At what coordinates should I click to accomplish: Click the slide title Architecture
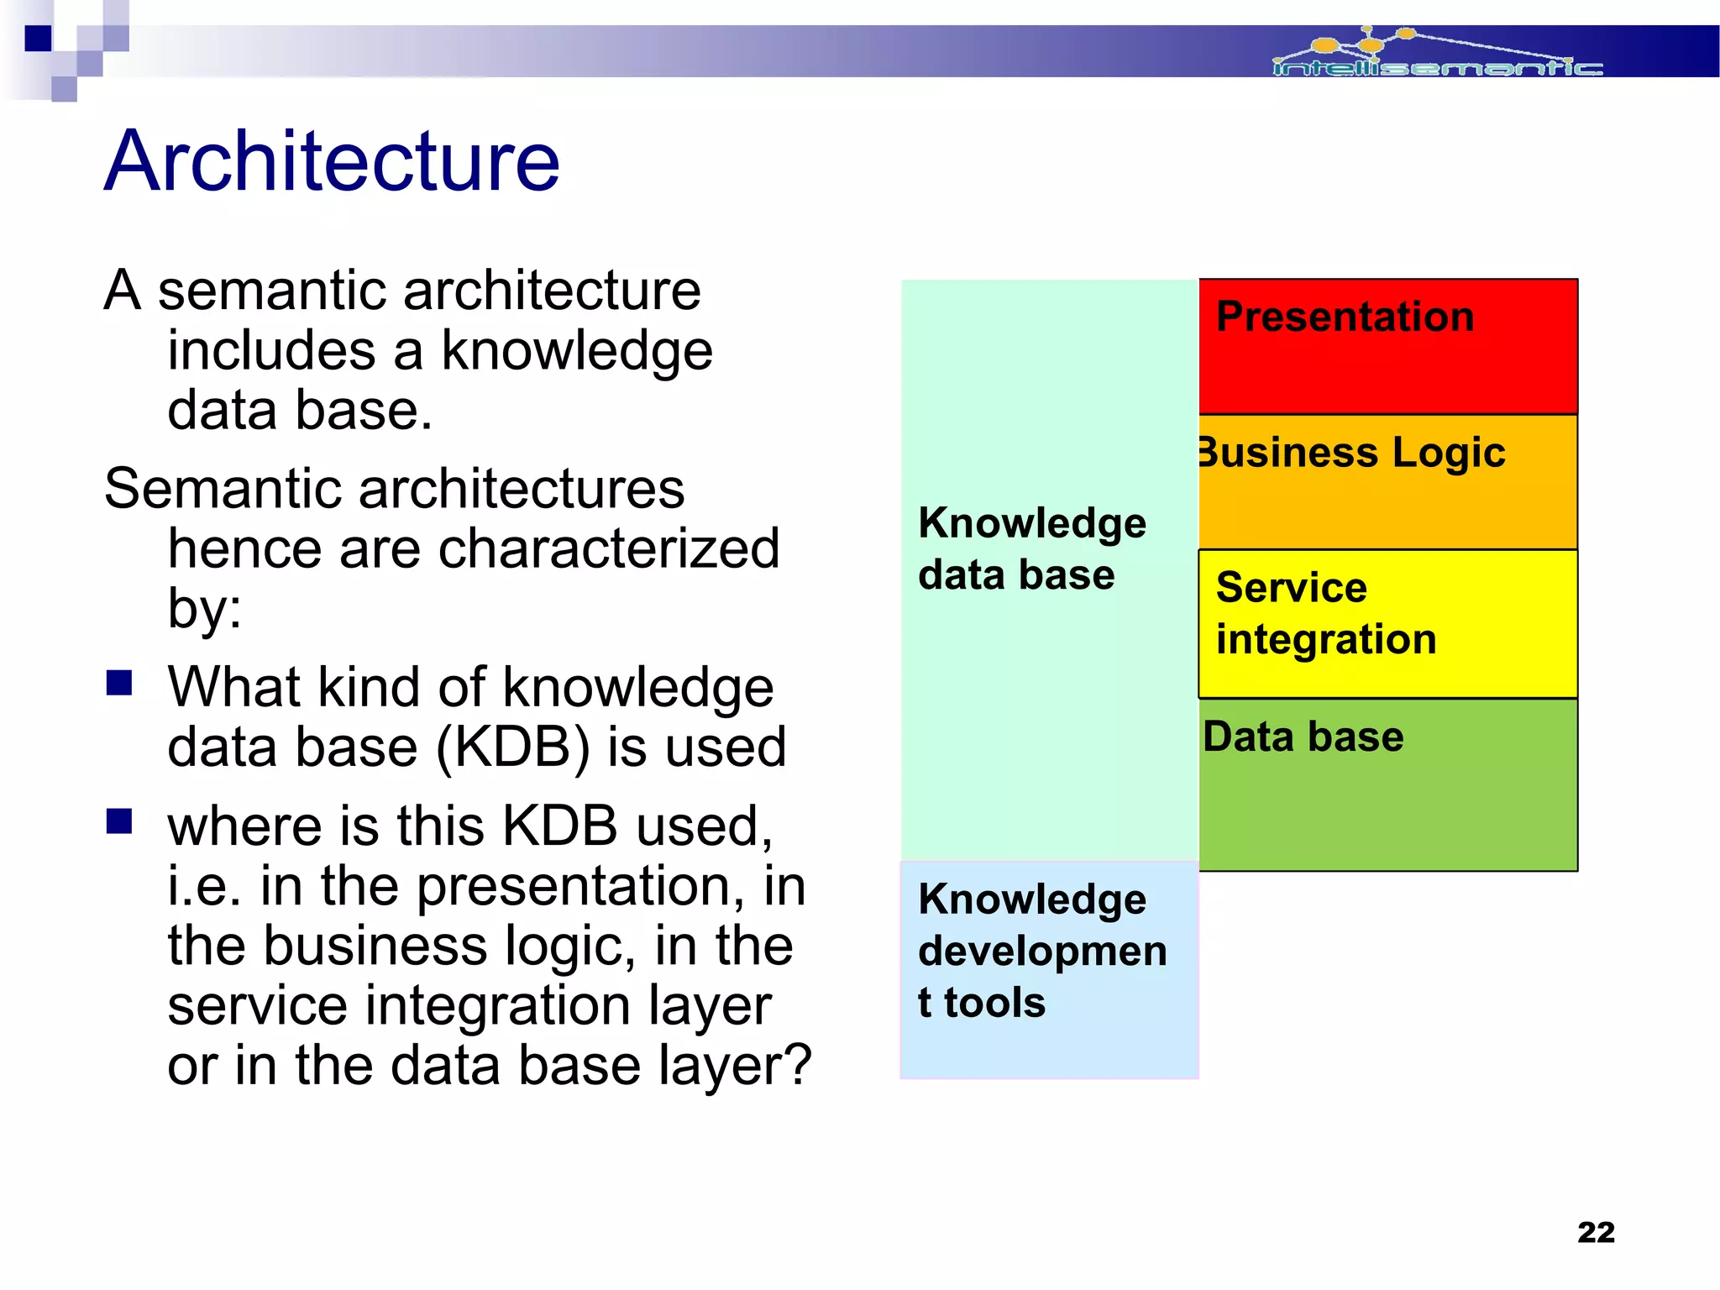(332, 161)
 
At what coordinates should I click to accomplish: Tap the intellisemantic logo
(1436, 55)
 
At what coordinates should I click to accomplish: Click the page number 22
(1596, 1232)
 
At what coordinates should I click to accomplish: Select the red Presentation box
(1387, 346)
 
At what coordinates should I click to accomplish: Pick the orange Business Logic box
(1387, 481)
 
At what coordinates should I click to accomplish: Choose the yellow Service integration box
(1387, 623)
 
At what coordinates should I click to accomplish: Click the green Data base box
(1387, 784)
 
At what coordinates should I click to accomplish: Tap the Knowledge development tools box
(1048, 970)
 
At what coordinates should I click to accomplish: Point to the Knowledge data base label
(1031, 548)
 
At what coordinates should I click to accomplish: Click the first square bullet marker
(119, 683)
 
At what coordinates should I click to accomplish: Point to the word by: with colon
(204, 609)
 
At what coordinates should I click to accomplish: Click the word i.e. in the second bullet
(205, 886)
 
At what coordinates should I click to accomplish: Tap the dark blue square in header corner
(38, 39)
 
